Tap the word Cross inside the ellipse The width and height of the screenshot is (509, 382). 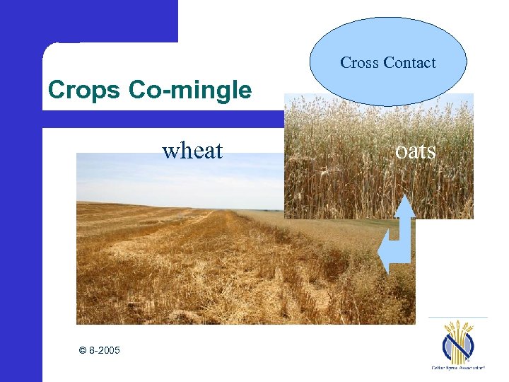tap(359, 63)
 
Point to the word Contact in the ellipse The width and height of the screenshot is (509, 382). tap(409, 63)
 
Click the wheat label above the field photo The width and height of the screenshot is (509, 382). tap(192, 151)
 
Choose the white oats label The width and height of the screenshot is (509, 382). tap(416, 151)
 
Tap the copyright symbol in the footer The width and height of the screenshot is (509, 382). tap(83, 350)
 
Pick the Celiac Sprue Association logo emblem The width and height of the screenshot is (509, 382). tap(458, 343)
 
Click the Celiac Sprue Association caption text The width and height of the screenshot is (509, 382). tap(458, 369)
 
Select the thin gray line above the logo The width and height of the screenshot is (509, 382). tap(458, 317)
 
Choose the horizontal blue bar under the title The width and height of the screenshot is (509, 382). tap(163, 120)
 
